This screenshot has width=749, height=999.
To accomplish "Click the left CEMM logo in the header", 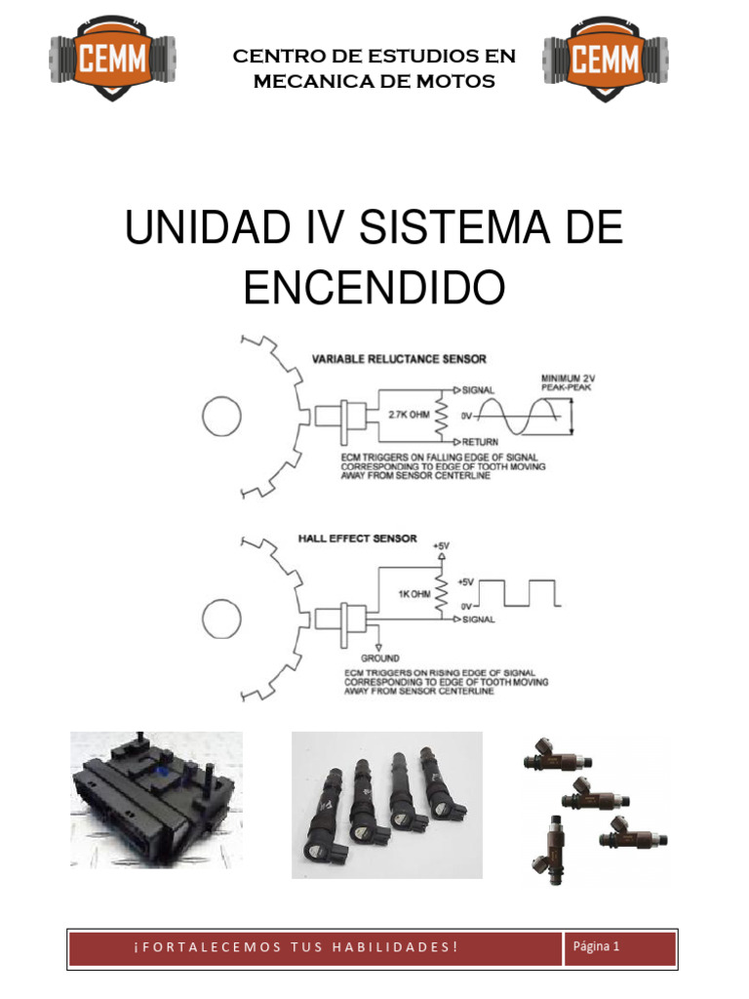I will tap(112, 61).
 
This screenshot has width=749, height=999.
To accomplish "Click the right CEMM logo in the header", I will tap(605, 61).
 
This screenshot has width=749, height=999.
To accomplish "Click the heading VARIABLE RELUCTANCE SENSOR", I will tap(398, 358).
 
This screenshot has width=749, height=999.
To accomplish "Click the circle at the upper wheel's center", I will tap(220, 418).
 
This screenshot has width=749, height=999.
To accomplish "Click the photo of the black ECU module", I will tap(156, 799).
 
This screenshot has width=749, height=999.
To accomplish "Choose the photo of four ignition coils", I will tap(387, 805).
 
